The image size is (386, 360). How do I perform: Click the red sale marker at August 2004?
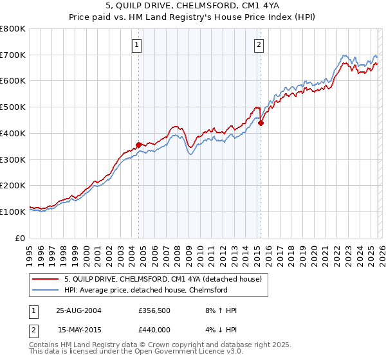coord(139,145)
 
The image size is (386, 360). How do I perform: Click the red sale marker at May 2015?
coord(261,123)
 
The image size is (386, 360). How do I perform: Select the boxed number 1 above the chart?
coord(138,44)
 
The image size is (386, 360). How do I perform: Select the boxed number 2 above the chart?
coord(259,44)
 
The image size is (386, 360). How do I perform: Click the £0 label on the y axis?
coord(21,238)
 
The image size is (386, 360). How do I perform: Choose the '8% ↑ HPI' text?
coord(219,310)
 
